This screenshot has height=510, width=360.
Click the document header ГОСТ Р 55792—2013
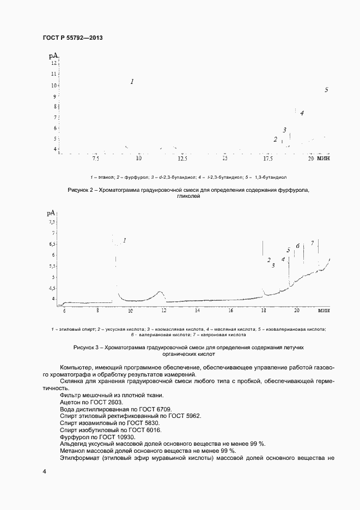(72, 38)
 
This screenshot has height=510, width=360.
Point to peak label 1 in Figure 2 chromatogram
(132, 82)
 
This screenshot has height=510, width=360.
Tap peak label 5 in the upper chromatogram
(326, 90)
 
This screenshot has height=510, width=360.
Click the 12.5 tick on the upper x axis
(182, 159)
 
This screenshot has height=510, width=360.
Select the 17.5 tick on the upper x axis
(268, 159)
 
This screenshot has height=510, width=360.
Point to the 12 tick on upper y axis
(53, 63)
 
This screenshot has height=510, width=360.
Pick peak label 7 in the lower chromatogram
(312, 243)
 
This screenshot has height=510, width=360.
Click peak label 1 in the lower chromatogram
(124, 240)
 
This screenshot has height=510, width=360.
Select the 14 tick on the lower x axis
(197, 311)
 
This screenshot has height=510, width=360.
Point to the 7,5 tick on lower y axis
(52, 222)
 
